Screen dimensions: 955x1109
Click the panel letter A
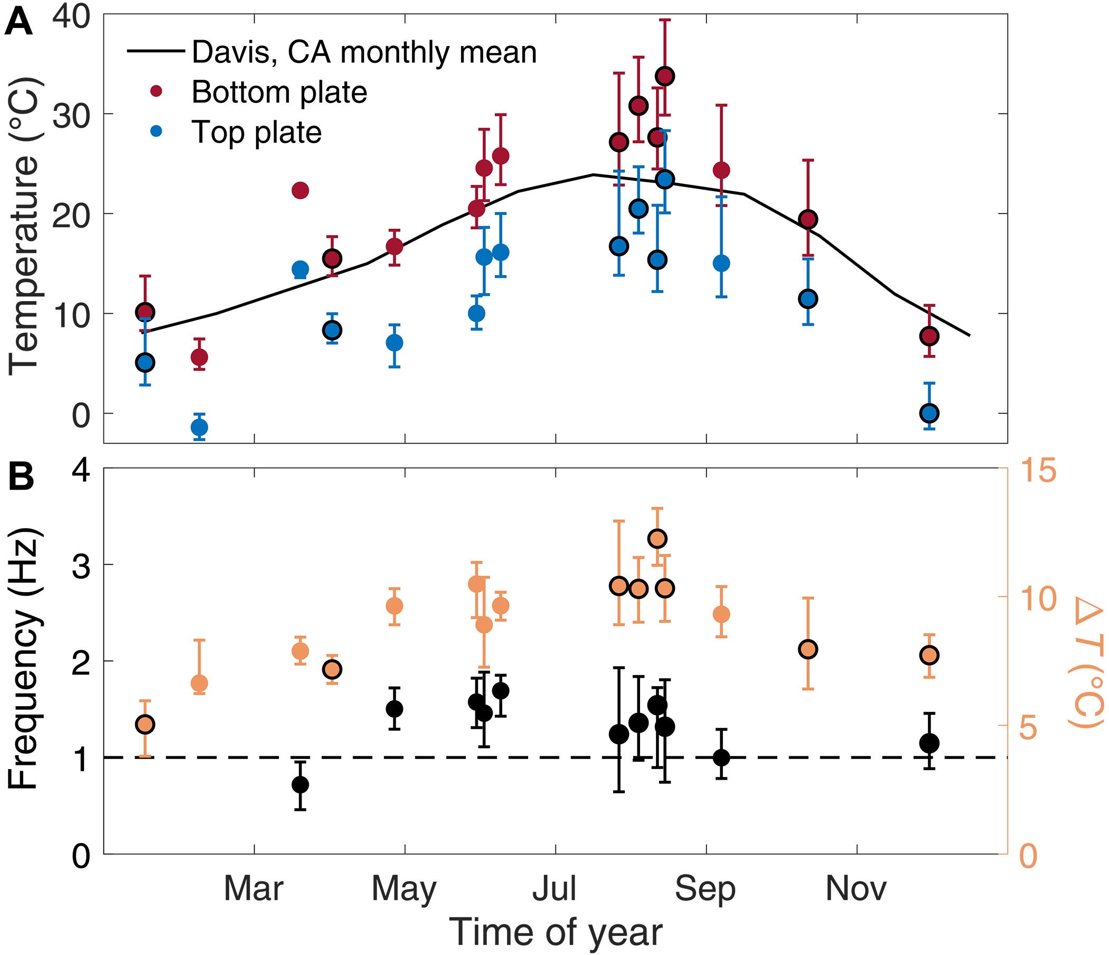tap(18, 24)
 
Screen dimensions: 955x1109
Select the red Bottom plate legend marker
tap(157, 92)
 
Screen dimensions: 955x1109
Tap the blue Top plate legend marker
tap(157, 132)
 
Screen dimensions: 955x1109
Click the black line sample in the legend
tap(156, 52)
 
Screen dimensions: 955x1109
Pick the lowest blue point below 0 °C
tap(199, 427)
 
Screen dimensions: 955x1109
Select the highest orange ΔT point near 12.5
tap(657, 539)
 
